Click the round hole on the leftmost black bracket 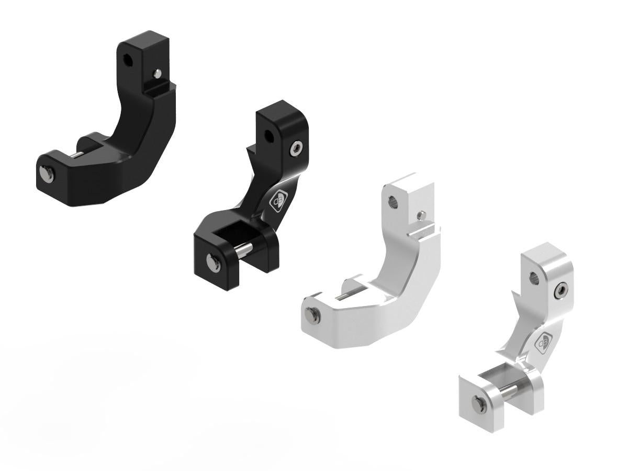127,60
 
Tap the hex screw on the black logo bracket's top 297,150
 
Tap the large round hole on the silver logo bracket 535,278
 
